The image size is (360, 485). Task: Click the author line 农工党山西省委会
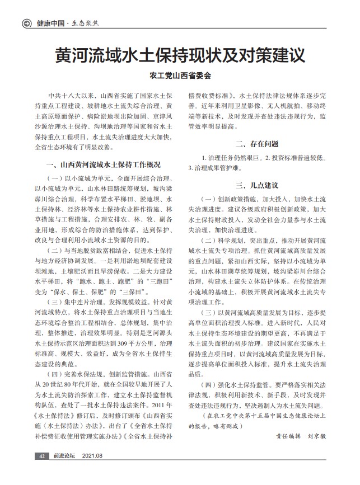tap(180, 76)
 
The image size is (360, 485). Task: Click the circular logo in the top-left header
tap(26, 23)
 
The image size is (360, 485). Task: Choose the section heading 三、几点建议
tap(257, 185)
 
